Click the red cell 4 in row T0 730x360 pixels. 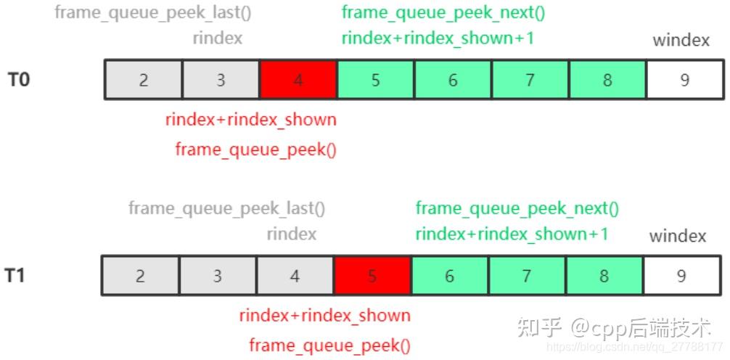[298, 80]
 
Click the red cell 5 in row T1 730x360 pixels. [372, 276]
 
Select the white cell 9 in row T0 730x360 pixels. [684, 80]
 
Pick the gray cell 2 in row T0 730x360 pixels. [144, 80]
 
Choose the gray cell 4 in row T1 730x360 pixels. [295, 276]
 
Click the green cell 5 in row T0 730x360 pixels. [376, 80]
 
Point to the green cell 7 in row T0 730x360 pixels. [530, 80]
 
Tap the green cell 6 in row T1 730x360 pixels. [450, 276]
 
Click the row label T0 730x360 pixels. [19, 79]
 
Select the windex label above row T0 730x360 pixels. [681, 40]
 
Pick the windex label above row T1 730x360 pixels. [678, 236]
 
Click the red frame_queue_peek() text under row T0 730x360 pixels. [255, 150]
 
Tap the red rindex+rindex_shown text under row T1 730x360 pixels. [324, 316]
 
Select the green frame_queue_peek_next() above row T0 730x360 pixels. [443, 12]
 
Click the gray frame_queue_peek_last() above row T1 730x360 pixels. [227, 208]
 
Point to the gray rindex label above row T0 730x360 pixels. [218, 38]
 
